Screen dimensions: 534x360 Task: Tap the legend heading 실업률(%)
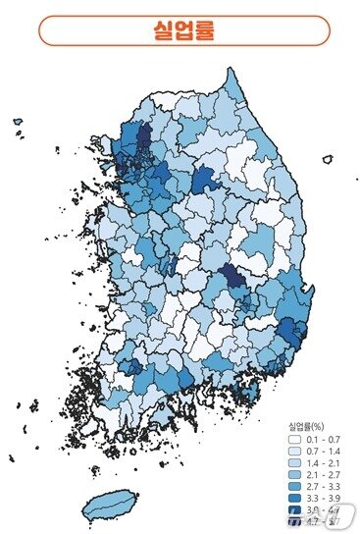click(307, 427)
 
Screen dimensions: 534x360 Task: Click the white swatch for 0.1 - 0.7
click(295, 441)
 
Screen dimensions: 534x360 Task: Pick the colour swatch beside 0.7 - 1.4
click(295, 452)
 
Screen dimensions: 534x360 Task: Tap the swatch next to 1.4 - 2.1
click(295, 463)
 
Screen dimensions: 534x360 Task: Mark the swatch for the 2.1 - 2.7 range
click(295, 475)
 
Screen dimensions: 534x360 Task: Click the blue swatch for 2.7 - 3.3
click(295, 487)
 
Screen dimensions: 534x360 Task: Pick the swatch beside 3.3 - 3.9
click(295, 499)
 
